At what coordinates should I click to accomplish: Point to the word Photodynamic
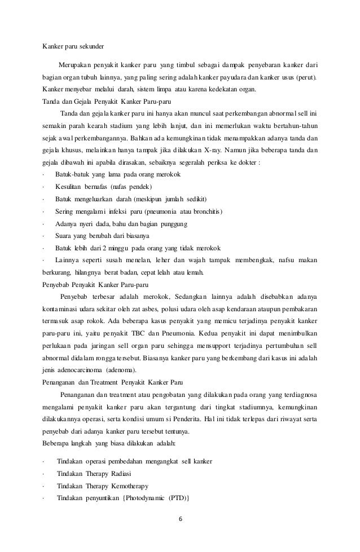(x=144, y=498)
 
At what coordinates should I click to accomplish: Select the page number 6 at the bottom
(x=180, y=520)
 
